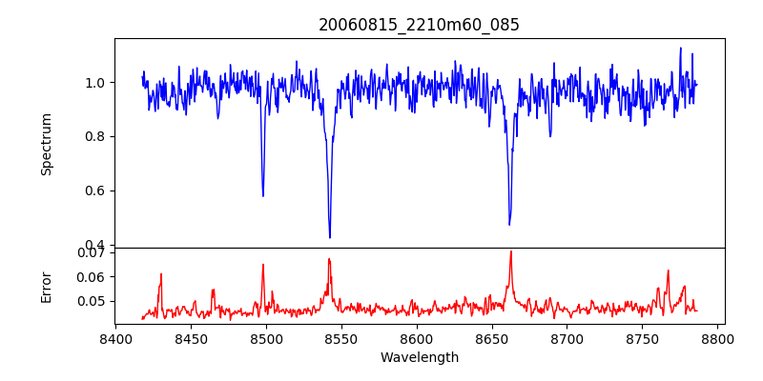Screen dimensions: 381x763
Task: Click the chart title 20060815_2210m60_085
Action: [419, 25]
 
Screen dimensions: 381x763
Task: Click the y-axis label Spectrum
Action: [46, 144]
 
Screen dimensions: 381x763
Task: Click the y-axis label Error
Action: [46, 286]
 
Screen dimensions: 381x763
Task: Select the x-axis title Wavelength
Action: [419, 358]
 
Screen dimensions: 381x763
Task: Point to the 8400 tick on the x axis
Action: [115, 338]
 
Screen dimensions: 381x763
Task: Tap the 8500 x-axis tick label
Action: [266, 338]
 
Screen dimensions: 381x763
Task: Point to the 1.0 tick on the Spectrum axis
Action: [93, 83]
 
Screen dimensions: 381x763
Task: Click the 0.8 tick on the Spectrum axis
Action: [93, 136]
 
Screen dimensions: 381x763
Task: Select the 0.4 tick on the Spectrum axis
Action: [93, 245]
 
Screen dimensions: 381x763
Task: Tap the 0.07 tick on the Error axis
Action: [91, 252]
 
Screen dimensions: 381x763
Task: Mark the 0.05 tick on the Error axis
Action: [91, 301]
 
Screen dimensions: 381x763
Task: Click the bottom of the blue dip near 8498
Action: [263, 195]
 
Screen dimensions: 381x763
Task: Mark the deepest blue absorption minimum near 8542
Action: [330, 237]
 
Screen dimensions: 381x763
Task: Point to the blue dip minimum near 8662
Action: [509, 224]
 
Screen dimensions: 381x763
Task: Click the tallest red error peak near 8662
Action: [510, 251]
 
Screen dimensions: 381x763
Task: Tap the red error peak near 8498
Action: [263, 265]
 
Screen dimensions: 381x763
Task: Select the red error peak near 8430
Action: [161, 274]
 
